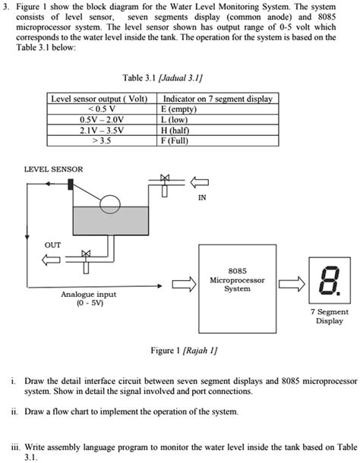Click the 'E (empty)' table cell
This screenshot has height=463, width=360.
217,109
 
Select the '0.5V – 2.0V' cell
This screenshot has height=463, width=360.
102,120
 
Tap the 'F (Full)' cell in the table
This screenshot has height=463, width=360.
217,140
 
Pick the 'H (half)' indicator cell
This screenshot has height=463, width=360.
217,130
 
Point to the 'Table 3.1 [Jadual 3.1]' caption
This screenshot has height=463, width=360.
163,78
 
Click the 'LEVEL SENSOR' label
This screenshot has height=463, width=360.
53,169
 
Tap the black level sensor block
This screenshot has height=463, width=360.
71,184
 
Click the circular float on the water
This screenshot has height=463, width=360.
110,204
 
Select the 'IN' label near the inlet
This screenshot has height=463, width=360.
202,197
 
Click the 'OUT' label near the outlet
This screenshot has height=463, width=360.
52,245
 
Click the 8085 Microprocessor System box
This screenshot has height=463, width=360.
237,288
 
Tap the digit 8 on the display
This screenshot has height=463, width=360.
328,280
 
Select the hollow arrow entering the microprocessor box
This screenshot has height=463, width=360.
184,285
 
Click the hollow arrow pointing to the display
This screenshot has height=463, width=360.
292,284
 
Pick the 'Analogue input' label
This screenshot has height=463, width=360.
88,294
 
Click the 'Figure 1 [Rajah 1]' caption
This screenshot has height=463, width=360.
185,351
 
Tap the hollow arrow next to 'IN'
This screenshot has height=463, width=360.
199,182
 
